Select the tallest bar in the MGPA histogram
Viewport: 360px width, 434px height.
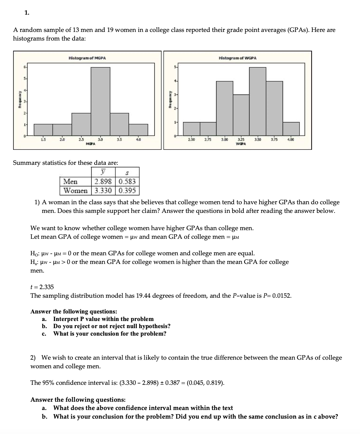100,101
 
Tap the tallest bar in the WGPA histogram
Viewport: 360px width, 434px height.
258,101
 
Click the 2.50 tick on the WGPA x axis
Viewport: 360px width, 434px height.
191,140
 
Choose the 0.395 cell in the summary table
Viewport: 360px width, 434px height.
128,190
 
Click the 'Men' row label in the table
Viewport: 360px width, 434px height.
70,182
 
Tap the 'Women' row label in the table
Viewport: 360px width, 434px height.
76,190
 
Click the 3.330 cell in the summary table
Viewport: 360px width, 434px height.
103,190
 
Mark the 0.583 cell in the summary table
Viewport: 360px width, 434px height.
128,182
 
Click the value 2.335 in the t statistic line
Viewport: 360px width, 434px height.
46,287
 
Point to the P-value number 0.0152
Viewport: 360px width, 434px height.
282,296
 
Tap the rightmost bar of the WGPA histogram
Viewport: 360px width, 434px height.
291,128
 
